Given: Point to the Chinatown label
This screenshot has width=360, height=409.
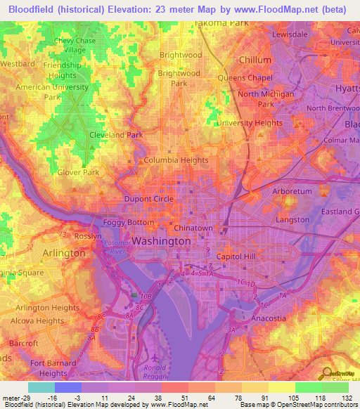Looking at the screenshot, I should click(x=193, y=228).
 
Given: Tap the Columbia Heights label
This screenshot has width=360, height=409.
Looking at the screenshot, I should click(x=176, y=160).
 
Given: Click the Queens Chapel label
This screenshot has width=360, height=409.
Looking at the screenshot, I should click(x=245, y=77).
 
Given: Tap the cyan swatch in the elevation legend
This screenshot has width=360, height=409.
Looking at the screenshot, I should click(x=41, y=387).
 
